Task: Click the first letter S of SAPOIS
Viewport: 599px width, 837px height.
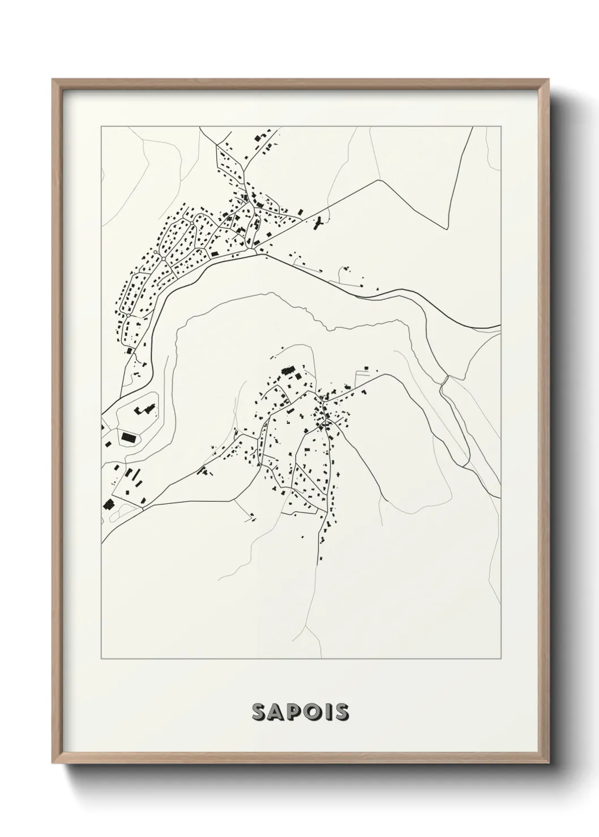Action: pos(259,712)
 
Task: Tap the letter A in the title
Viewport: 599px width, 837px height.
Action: pos(279,712)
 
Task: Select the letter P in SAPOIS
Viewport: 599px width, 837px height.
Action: pos(297,712)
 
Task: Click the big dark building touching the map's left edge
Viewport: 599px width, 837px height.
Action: pos(107,503)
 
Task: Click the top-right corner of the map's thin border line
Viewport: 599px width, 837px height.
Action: pos(500,127)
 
